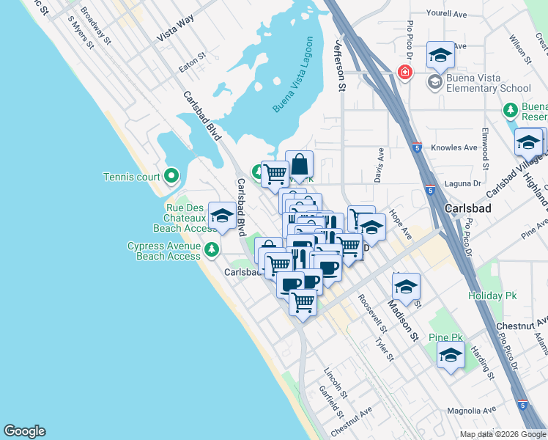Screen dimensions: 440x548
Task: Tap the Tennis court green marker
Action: (171, 176)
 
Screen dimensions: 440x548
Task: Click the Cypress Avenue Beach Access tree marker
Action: (212, 250)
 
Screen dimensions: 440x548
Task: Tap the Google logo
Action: (24, 431)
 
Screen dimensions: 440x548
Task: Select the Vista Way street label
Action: (174, 32)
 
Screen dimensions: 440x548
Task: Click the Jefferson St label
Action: (340, 65)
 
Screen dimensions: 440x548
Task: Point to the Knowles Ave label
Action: (454, 147)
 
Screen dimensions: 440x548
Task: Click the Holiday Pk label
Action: (488, 296)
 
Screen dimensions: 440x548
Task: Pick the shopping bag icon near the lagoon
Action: (300, 163)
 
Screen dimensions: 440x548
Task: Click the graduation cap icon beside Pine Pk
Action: (451, 355)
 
